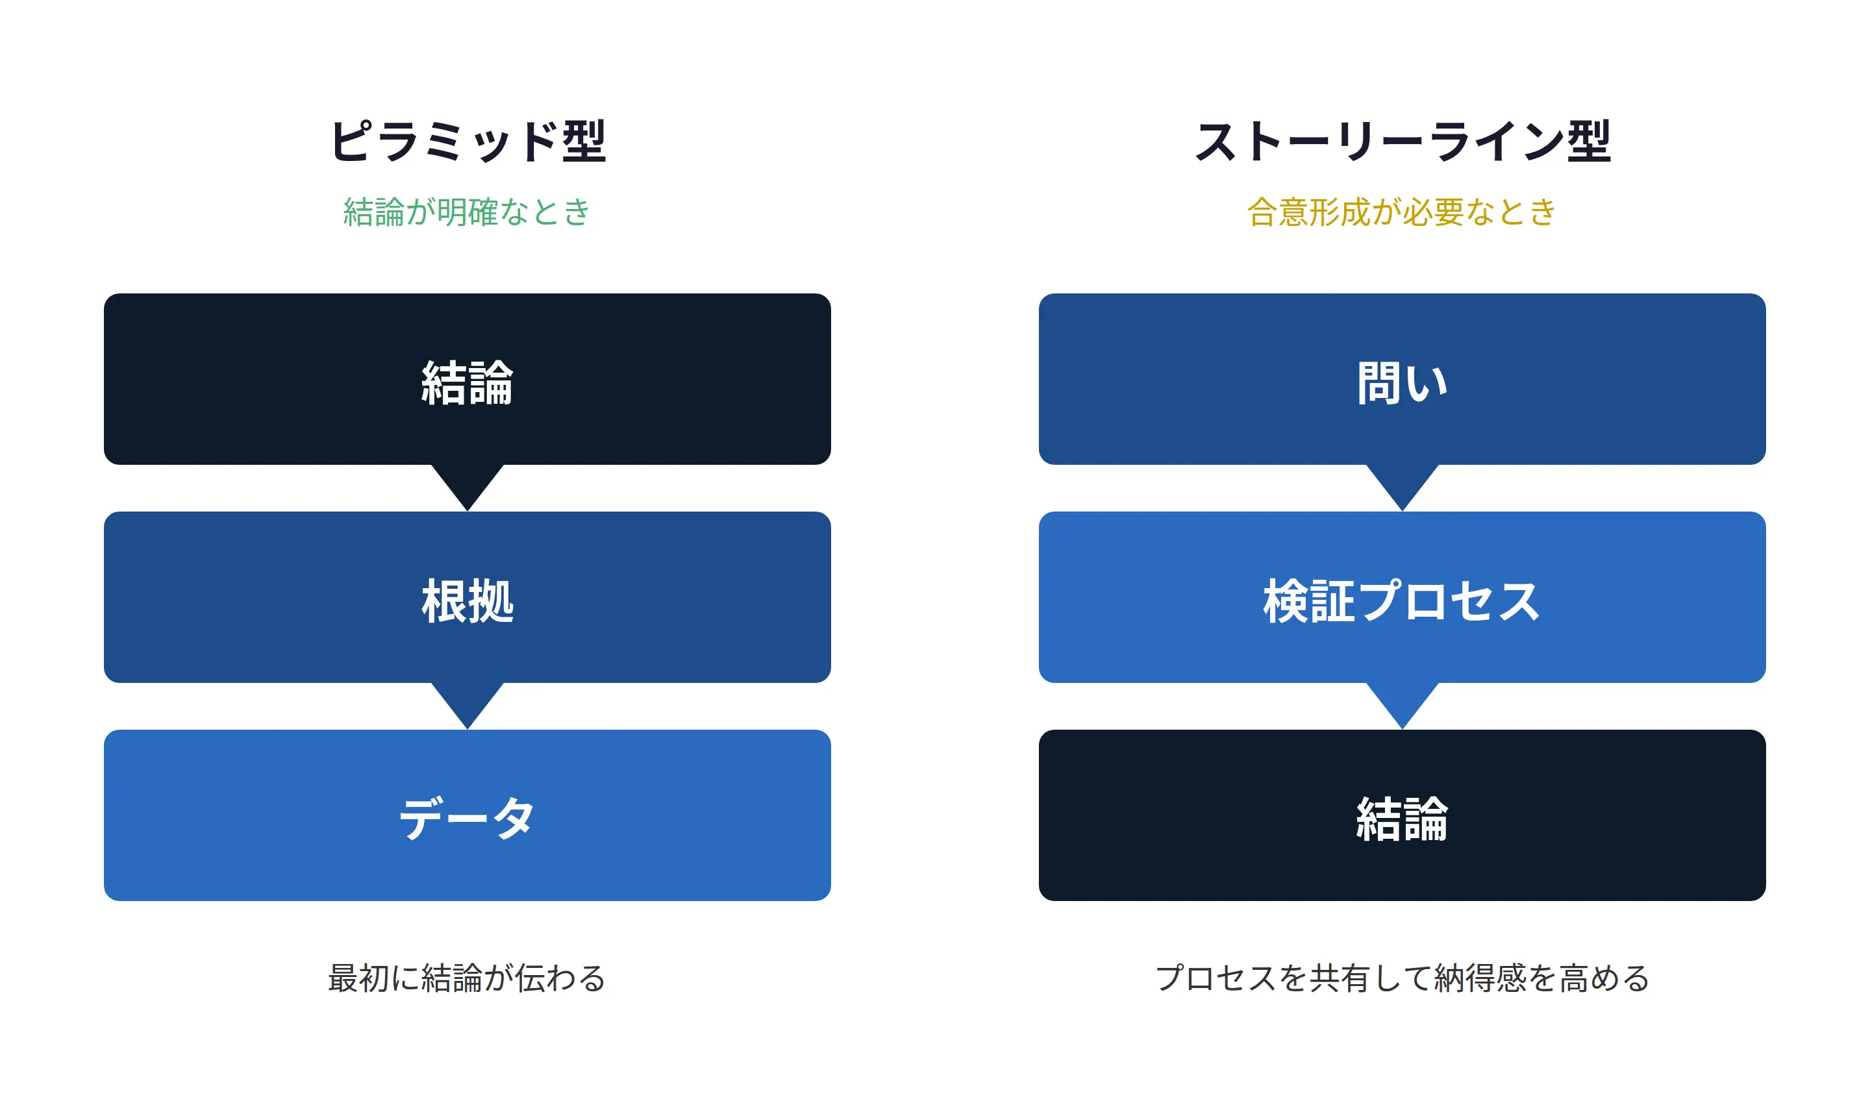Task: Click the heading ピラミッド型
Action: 467,141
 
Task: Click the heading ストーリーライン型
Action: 1402,141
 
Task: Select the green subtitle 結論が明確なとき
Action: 467,212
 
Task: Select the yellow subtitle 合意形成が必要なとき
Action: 1402,212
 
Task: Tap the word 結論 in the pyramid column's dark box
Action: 467,383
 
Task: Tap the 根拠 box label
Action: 467,601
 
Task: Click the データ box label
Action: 467,819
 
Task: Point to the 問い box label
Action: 1402,383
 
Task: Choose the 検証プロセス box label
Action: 1402,601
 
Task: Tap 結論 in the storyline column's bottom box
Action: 1402,819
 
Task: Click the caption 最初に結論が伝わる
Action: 467,978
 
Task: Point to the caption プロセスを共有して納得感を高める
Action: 1402,978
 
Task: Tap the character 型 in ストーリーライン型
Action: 1589,141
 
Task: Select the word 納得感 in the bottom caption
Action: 1480,978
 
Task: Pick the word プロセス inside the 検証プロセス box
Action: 1449,601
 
